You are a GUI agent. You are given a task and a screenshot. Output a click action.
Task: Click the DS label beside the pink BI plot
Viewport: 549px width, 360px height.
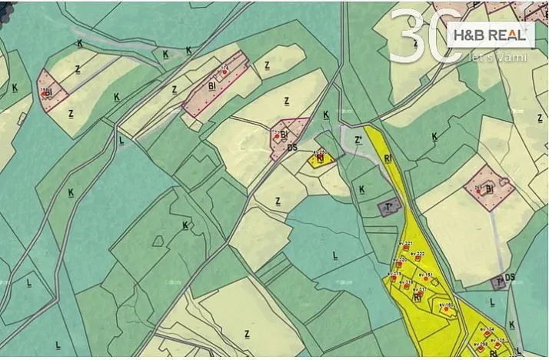click(x=291, y=147)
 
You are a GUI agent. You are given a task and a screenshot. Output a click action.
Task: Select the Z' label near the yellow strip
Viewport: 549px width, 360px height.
click(x=358, y=141)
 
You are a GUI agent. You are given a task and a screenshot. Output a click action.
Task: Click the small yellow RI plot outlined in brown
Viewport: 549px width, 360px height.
click(x=320, y=159)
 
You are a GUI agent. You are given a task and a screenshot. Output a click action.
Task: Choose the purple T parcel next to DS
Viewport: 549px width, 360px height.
click(x=500, y=282)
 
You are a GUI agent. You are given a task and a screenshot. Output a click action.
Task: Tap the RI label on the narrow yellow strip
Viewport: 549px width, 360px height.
click(x=388, y=158)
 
